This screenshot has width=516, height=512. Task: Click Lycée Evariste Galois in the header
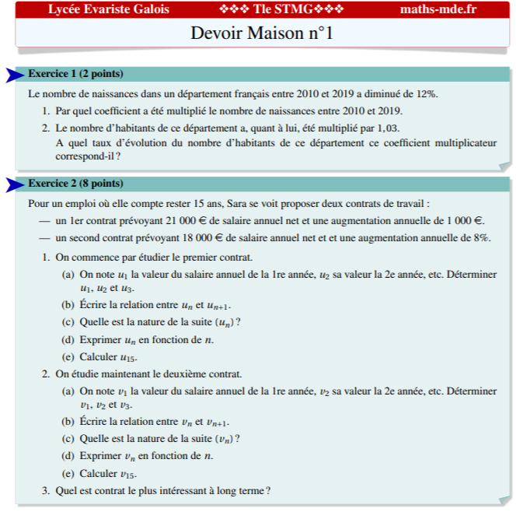click(108, 9)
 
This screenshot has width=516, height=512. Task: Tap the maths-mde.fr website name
click(438, 9)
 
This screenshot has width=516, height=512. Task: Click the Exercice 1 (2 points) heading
click(75, 74)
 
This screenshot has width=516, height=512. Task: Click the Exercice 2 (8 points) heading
click(75, 184)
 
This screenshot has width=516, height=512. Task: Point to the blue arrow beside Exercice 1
click(15, 75)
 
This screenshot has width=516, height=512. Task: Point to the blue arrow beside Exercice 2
click(15, 184)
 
